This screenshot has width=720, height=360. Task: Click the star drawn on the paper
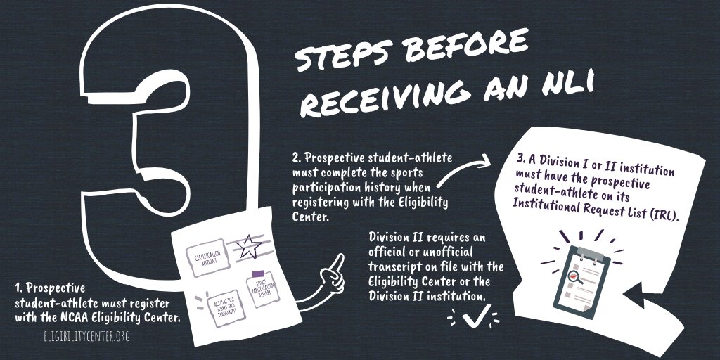click(247, 246)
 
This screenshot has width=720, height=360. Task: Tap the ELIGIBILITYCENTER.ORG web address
click(86, 336)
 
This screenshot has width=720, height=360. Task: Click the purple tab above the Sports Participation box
click(258, 273)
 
